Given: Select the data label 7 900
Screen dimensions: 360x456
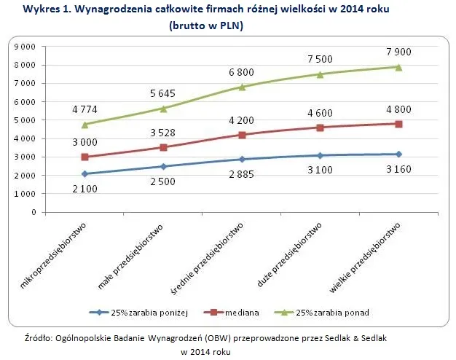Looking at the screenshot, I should [398, 52].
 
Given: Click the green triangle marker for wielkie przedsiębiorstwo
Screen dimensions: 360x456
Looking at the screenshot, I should [398, 67].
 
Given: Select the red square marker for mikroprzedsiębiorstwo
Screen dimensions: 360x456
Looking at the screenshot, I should [85, 157].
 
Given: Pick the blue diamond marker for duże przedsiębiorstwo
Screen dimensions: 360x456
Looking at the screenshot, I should [321, 155].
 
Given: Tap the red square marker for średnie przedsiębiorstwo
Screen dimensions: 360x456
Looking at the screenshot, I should [242, 135].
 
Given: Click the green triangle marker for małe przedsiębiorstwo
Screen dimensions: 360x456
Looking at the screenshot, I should [164, 109].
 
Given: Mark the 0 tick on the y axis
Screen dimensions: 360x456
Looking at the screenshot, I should [34, 213].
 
